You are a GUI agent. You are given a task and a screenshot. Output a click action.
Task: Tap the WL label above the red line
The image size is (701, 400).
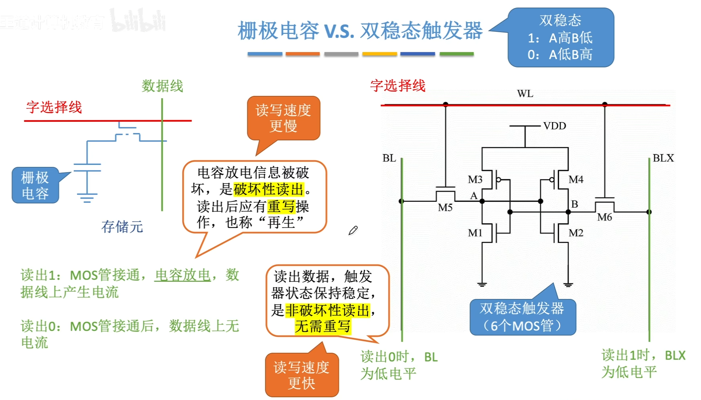click(x=525, y=94)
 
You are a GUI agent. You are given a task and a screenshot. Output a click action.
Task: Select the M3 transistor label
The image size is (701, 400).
click(x=475, y=180)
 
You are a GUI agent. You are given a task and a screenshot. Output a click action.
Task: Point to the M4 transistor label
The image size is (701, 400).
click(x=576, y=180)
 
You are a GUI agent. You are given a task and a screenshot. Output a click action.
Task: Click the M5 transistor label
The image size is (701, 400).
click(x=445, y=208)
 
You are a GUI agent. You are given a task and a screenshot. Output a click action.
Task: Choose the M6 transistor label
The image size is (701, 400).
click(x=604, y=217)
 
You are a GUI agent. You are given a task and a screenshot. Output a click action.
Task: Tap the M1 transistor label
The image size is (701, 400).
click(x=475, y=233)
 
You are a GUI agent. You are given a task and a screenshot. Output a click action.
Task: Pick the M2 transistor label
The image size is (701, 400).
click(x=576, y=233)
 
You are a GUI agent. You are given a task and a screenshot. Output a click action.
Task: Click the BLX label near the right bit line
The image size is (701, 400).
click(x=663, y=158)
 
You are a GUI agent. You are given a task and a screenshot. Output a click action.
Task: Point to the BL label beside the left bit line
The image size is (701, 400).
click(x=389, y=158)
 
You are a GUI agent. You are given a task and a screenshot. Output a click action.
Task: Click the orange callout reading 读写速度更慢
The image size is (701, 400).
click(x=283, y=118)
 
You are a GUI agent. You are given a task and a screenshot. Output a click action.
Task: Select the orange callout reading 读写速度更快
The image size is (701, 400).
click(x=302, y=375)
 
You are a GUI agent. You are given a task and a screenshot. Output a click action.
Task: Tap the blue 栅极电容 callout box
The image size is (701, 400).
click(x=35, y=185)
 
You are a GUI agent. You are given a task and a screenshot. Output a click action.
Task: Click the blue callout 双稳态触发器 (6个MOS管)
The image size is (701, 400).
click(x=522, y=317)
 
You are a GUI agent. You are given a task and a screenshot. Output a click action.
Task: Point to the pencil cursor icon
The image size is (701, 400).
click(x=353, y=230)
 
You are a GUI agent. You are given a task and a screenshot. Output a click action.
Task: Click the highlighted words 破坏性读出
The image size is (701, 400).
click(x=268, y=189)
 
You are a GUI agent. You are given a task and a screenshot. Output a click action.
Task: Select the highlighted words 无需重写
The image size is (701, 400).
click(x=323, y=327)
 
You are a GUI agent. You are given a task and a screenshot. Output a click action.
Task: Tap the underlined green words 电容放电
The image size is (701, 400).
click(x=182, y=275)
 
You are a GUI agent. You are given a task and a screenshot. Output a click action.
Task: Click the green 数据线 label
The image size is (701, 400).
click(x=162, y=86)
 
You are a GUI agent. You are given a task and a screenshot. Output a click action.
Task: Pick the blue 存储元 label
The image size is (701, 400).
click(x=122, y=227)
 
